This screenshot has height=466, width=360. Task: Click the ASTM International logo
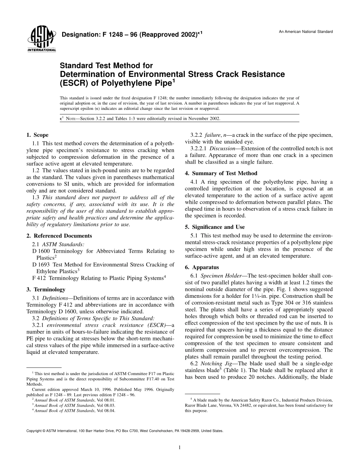click(41, 39)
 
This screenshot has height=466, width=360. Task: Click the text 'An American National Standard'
click(306, 31)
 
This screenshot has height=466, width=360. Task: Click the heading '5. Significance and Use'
click(214, 227)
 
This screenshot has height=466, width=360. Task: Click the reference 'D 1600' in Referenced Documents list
click(42, 251)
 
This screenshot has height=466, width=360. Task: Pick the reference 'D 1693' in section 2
click(42, 265)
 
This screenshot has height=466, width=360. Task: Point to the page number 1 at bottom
click(180, 447)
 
